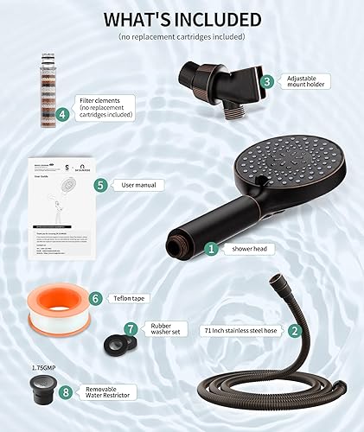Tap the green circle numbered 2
[295, 330]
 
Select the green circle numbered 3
[268, 81]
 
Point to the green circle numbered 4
[62, 114]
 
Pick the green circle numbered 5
[100, 184]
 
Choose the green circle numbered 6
[96, 298]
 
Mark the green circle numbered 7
[131, 328]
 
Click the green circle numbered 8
[66, 391]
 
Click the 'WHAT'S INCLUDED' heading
[182, 19]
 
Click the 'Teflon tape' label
[129, 298]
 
